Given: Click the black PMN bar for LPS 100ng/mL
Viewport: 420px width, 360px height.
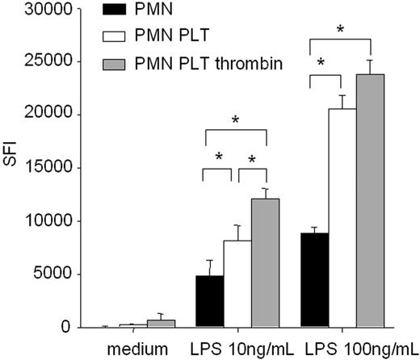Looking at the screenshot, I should (313, 280).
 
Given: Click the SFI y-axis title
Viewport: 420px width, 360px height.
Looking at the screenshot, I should (11, 168).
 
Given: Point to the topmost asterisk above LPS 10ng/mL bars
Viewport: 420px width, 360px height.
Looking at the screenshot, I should (234, 119).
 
